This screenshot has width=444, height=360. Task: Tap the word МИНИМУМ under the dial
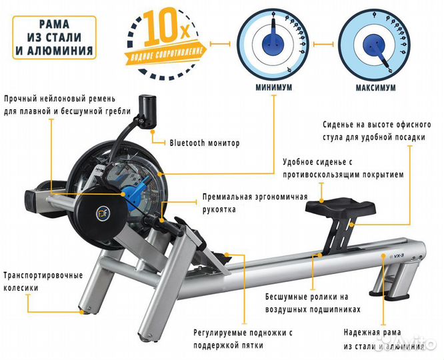pos(275,87)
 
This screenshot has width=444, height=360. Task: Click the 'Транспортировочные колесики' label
pos(43,281)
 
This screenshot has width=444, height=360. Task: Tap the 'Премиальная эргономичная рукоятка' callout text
pos(255,203)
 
